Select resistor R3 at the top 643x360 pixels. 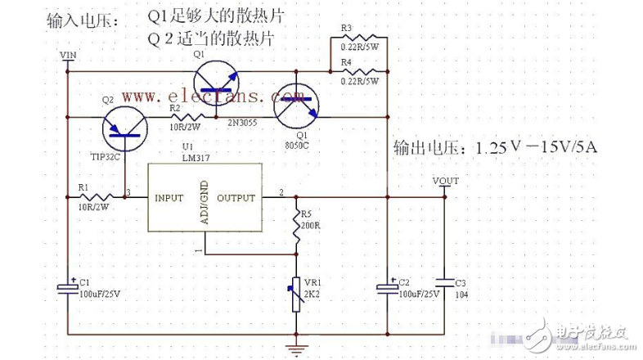click(x=357, y=39)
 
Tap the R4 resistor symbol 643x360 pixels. click(x=357, y=72)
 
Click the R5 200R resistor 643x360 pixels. click(x=295, y=223)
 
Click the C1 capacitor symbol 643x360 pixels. click(x=67, y=287)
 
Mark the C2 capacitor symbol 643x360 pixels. click(x=387, y=287)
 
